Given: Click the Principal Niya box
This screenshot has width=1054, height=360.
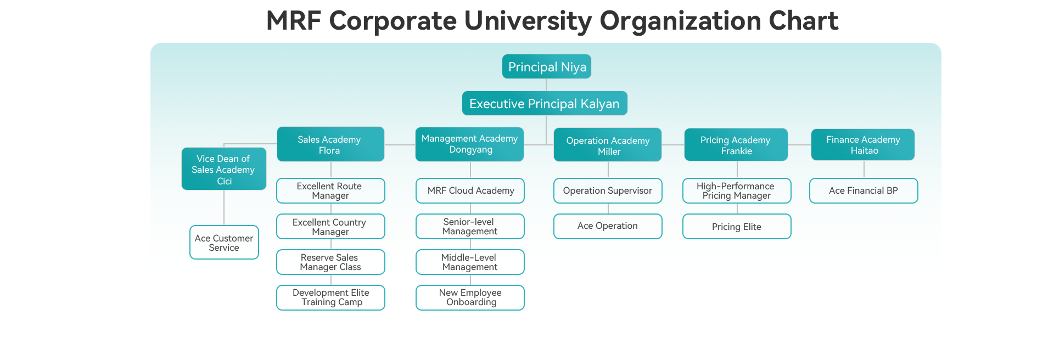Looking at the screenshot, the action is pyautogui.click(x=547, y=66).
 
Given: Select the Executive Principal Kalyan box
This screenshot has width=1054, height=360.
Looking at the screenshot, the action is pyautogui.click(x=545, y=103).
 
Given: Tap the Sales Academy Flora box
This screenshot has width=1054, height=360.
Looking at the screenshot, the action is pyautogui.click(x=330, y=144).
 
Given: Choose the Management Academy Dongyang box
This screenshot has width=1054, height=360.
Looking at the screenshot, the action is pyautogui.click(x=470, y=144).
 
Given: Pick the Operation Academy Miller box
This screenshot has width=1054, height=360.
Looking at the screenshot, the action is pyautogui.click(x=608, y=145).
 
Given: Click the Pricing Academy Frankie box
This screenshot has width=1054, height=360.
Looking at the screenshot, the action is pyautogui.click(x=736, y=145).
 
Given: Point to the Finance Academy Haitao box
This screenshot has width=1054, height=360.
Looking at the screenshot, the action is pyautogui.click(x=863, y=145).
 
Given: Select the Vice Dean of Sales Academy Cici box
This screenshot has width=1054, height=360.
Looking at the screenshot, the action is pyautogui.click(x=224, y=169).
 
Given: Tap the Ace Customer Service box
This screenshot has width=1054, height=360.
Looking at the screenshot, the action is pyautogui.click(x=224, y=243).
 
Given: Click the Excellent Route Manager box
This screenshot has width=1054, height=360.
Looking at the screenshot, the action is pyautogui.click(x=330, y=191).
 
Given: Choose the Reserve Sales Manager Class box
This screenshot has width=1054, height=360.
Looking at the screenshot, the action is pyautogui.click(x=330, y=262).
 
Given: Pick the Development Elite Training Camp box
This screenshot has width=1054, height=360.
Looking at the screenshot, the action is pyautogui.click(x=330, y=297).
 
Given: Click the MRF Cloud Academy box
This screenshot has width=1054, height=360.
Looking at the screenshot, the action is pyautogui.click(x=470, y=191).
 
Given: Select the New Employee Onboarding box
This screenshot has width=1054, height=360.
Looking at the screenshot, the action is pyautogui.click(x=470, y=297).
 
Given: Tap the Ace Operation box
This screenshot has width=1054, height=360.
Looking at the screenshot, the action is pyautogui.click(x=608, y=226).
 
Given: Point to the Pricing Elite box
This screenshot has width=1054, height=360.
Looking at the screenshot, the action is pyautogui.click(x=737, y=226).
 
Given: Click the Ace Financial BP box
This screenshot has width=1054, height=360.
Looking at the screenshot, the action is pyautogui.click(x=864, y=191).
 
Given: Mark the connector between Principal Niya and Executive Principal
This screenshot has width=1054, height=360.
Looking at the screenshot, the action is pyautogui.click(x=546, y=85).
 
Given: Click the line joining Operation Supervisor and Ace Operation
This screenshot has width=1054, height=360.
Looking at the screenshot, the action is pyautogui.click(x=608, y=209).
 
